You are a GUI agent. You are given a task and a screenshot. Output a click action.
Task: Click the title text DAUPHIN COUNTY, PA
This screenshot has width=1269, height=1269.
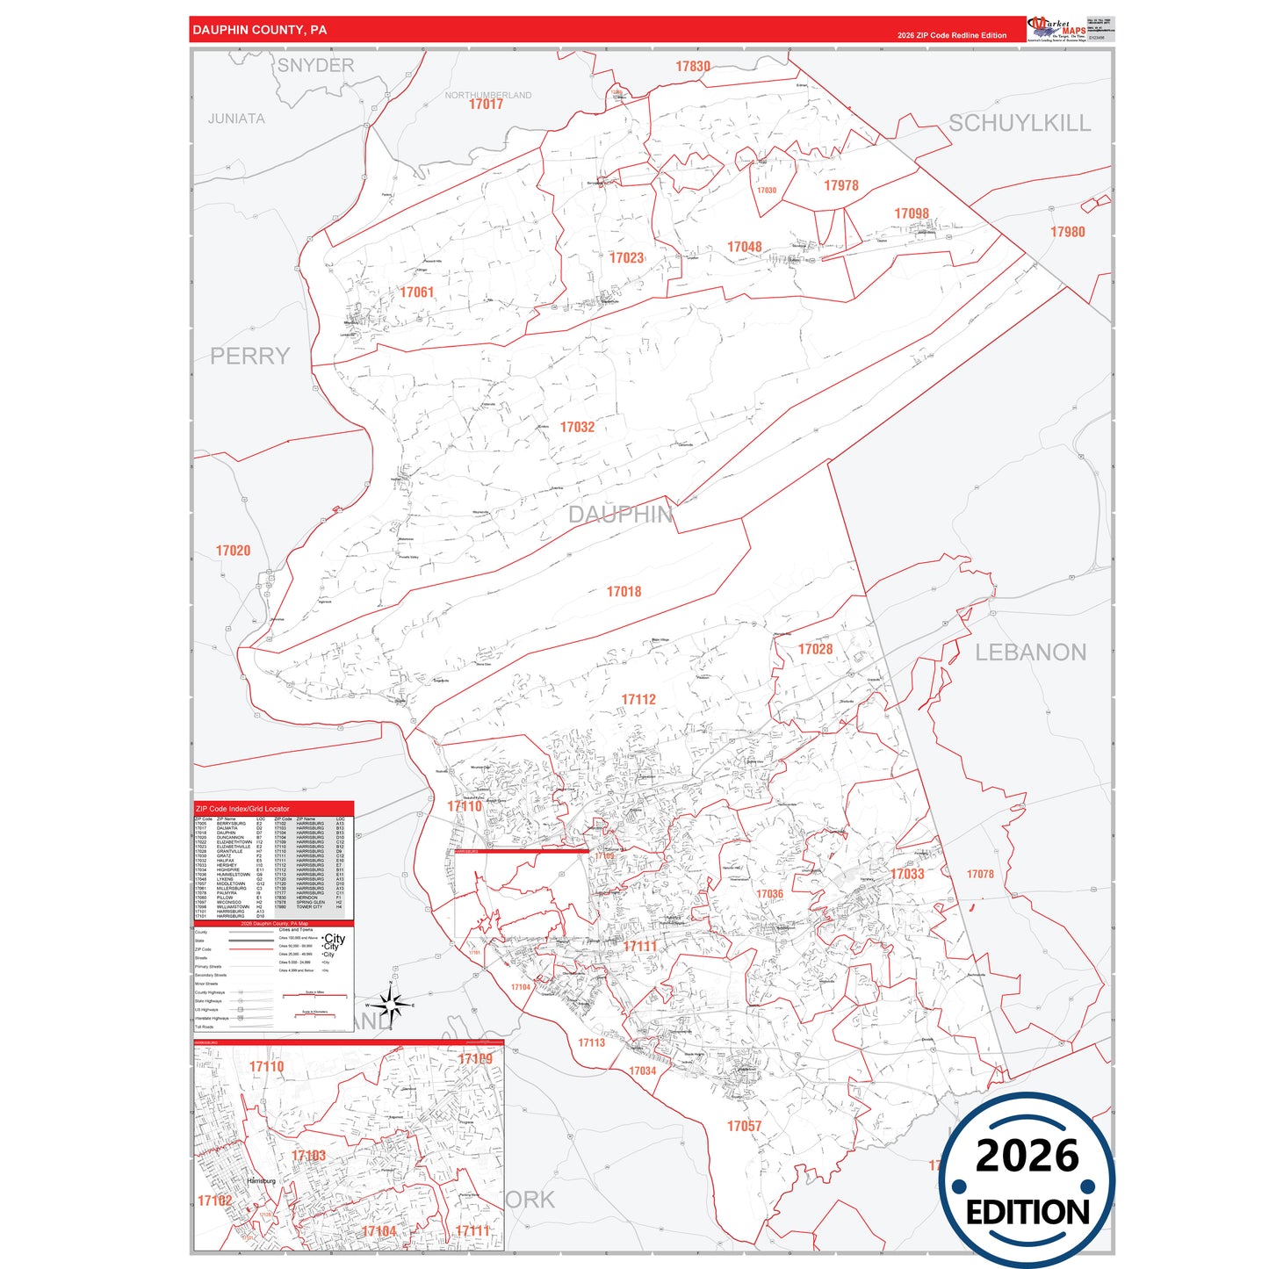pos(260,30)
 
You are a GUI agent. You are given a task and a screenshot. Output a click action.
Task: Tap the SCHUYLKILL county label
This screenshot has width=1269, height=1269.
pos(1019,123)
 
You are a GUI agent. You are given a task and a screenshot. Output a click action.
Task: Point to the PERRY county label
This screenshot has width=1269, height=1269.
pos(249,356)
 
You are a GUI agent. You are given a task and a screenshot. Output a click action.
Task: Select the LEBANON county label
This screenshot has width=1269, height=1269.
pos(1030,653)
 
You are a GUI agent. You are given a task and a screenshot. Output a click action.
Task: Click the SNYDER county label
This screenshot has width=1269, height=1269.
pos(315,66)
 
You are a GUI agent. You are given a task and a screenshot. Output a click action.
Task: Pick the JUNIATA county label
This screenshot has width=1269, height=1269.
pos(236,119)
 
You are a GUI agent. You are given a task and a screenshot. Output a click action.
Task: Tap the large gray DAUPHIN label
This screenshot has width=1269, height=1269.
pos(620,515)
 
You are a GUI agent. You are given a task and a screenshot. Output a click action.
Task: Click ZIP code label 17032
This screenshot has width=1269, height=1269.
pos(577,427)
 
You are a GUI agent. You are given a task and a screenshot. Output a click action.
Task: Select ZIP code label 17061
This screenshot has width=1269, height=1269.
pos(416,292)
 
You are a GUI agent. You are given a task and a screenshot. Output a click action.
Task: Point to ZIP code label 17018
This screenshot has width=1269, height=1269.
pos(624,592)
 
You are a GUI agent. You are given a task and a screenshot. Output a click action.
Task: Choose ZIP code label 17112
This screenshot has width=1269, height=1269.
pos(638,700)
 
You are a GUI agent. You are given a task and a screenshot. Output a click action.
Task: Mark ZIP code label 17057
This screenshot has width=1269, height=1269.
pos(744,1126)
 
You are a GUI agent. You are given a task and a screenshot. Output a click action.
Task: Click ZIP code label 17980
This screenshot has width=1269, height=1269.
pos(1067,232)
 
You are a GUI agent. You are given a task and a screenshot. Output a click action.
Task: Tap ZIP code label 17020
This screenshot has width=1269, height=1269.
pos(233,551)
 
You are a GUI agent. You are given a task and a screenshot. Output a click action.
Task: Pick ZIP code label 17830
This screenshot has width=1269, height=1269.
pos(693,67)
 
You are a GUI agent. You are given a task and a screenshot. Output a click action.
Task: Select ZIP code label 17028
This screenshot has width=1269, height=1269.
pos(815,649)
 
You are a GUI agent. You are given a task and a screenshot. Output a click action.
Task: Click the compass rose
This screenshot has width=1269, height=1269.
pos(391,1004)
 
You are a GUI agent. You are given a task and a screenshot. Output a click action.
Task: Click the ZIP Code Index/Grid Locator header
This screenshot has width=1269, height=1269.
pos(242,809)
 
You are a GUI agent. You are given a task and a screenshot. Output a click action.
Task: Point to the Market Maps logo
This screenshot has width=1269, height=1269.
pos(1056,29)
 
